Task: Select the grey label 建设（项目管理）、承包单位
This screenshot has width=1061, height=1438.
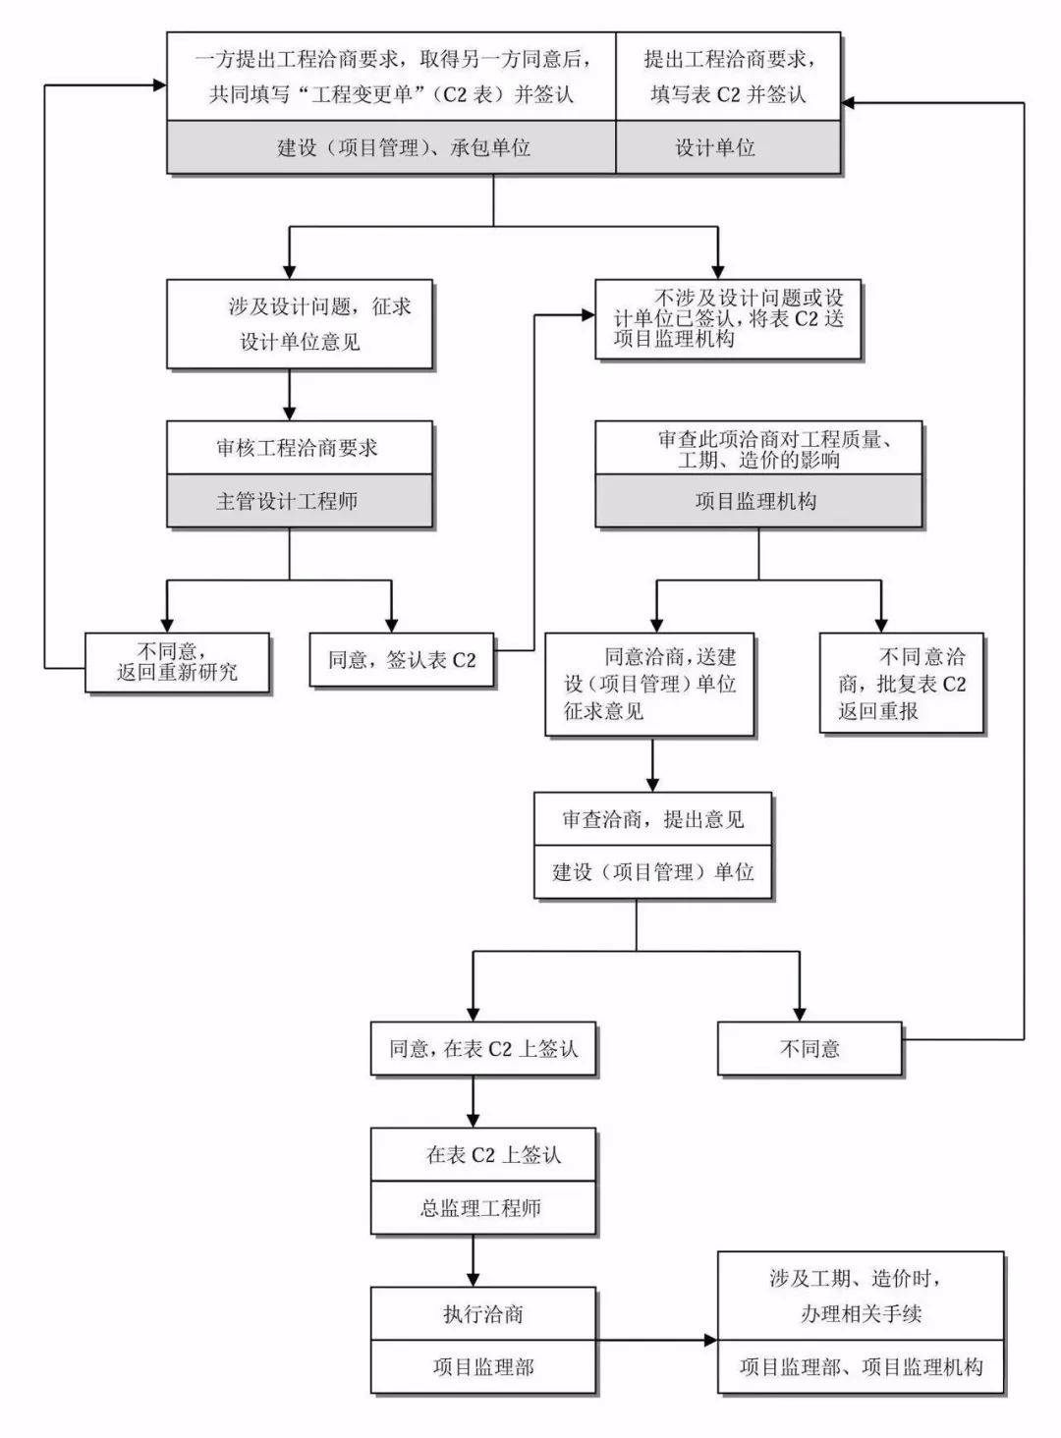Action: pyautogui.click(x=391, y=148)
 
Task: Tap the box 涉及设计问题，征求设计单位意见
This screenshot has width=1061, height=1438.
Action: pyautogui.click(x=300, y=324)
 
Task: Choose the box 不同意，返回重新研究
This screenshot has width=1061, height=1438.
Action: pyautogui.click(x=177, y=663)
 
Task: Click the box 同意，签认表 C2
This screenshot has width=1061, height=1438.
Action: pyautogui.click(x=402, y=660)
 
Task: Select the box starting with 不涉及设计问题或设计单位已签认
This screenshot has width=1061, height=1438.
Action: pyautogui.click(x=728, y=318)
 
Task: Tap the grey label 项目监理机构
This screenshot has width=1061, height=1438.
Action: pyautogui.click(x=757, y=502)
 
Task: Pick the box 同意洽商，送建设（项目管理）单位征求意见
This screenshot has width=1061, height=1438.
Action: pyautogui.click(x=649, y=684)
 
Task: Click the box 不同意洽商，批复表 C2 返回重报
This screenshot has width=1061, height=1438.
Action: pyautogui.click(x=901, y=684)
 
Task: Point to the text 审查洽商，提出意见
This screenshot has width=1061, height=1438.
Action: pyautogui.click(x=652, y=819)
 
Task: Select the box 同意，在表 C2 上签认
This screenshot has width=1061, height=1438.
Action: pyautogui.click(x=483, y=1049)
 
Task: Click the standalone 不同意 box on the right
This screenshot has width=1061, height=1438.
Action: pyautogui.click(x=810, y=1049)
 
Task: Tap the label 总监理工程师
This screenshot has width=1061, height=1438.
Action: pyautogui.click(x=483, y=1208)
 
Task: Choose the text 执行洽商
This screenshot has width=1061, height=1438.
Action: pyautogui.click(x=483, y=1313)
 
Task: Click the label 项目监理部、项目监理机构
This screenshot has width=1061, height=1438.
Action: pyautogui.click(x=861, y=1366)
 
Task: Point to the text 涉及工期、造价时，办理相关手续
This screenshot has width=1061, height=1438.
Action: pyautogui.click(x=861, y=1296)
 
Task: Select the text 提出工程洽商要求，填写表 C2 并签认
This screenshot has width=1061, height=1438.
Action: pyautogui.click(x=727, y=77)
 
